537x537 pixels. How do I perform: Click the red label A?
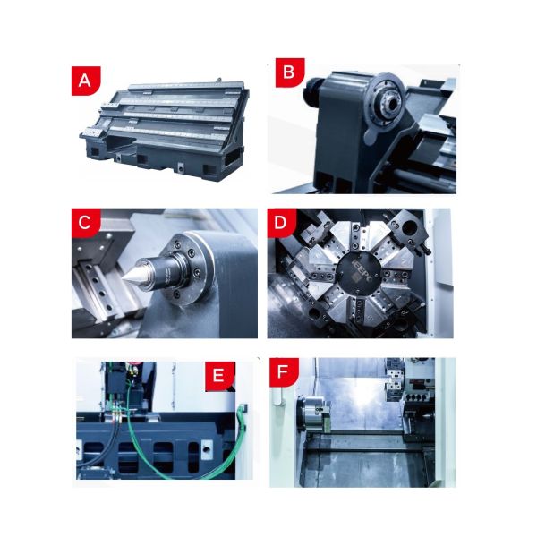tap(85, 81)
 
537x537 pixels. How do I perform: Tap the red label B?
tap(290, 72)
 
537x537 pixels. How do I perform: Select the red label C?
tap(85, 223)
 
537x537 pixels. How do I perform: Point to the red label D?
tap(281, 223)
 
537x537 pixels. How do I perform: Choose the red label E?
tap(219, 376)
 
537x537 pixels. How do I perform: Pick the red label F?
tap(284, 372)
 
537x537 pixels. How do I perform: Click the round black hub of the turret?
tap(359, 275)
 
